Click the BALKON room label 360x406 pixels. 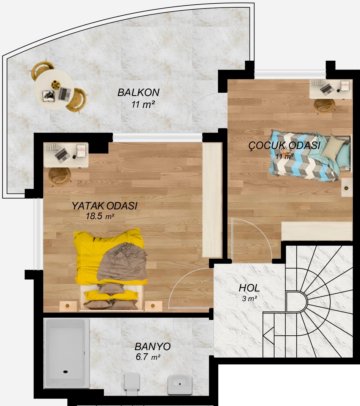[x=138, y=93]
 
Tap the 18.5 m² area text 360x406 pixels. [x=100, y=216]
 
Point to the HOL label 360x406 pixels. [x=249, y=288]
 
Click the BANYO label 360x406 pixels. [x=153, y=347]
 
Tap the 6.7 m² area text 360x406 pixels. [x=148, y=357]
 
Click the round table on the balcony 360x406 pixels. [x=54, y=89]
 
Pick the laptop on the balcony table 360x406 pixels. [x=65, y=93]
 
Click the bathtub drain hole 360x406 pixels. [x=65, y=372]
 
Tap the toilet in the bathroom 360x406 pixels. [x=132, y=384]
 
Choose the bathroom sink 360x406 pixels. [x=180, y=385]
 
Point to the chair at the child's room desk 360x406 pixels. [x=324, y=106]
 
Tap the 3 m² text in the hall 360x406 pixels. [x=250, y=299]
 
